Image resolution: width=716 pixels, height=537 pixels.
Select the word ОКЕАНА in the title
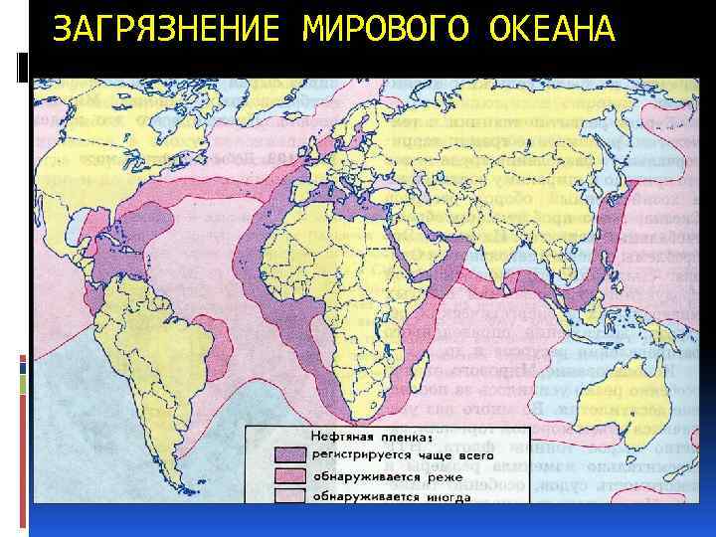(553, 31)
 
